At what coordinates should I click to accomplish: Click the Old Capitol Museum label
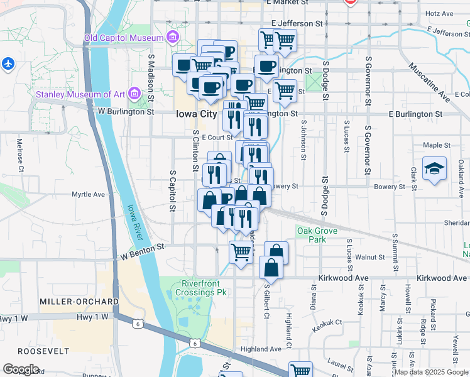click(124, 38)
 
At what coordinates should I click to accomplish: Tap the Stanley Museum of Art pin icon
click(133, 94)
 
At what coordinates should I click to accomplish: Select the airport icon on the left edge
click(8, 63)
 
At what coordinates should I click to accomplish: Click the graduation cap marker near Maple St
click(434, 169)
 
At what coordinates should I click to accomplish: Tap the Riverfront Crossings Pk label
click(202, 287)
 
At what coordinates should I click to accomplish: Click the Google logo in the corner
click(21, 369)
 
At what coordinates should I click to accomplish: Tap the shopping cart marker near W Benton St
click(241, 253)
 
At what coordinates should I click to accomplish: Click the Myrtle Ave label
click(88, 194)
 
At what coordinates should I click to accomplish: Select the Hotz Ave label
click(439, 13)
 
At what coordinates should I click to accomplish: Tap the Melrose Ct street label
click(20, 155)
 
